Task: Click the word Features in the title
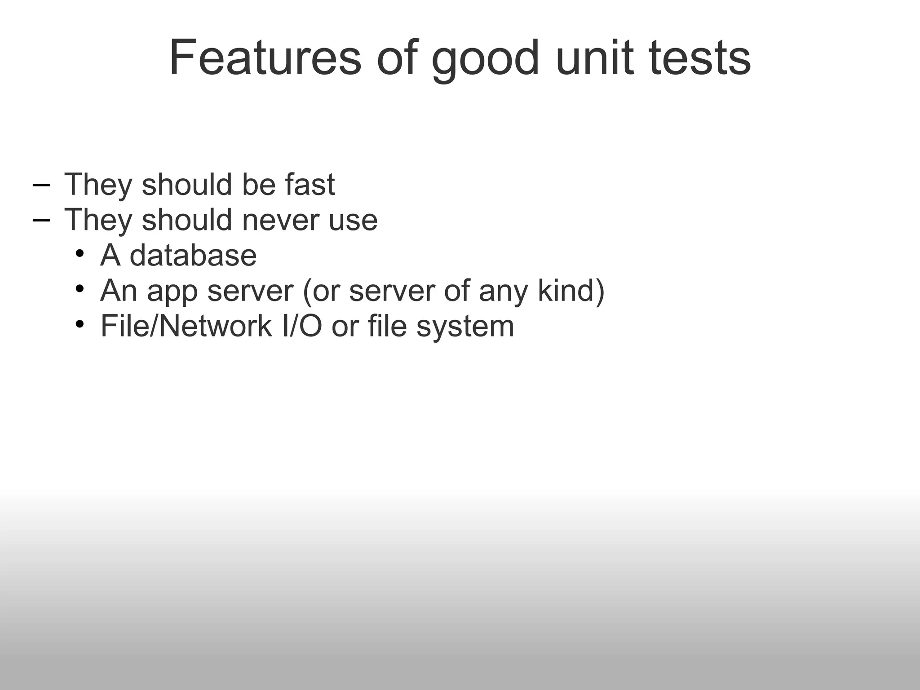pos(265,58)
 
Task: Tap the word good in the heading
pos(485,61)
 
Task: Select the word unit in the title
pos(595,58)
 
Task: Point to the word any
pos(503,292)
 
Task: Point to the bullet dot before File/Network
pos(80,324)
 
